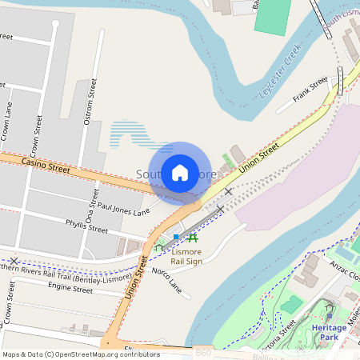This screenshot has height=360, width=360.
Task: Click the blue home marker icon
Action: click(180, 173)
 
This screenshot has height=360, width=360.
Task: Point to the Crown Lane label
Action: click(9, 121)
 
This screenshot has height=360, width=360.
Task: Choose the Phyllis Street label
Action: click(86, 226)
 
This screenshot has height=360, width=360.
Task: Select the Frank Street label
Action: click(310, 88)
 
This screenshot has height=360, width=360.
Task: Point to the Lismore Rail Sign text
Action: click(186, 257)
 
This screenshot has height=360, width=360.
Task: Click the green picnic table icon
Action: click(192, 238)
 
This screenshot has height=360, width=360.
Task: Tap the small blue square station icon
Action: click(176, 238)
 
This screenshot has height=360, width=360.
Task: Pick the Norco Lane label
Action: click(167, 279)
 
